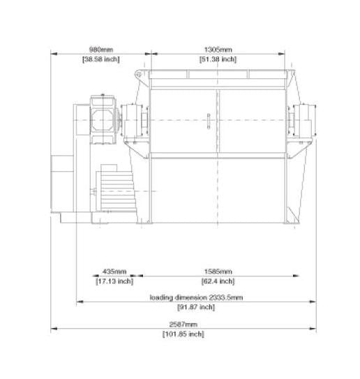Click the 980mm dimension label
101,50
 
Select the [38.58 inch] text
101,59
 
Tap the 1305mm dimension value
218,50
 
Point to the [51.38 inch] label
218,59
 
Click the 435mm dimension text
114,272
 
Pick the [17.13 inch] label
114,281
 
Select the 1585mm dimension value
218,272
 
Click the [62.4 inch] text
218,281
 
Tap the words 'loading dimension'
179,297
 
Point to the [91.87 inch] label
196,307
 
